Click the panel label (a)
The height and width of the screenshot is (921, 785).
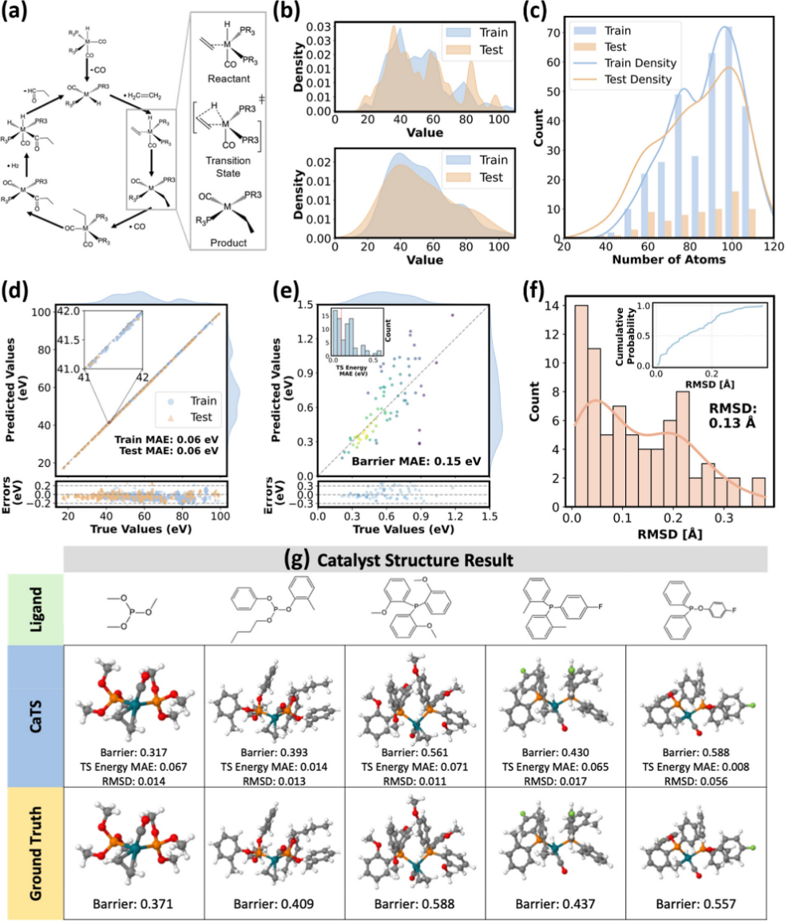click(x=18, y=14)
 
